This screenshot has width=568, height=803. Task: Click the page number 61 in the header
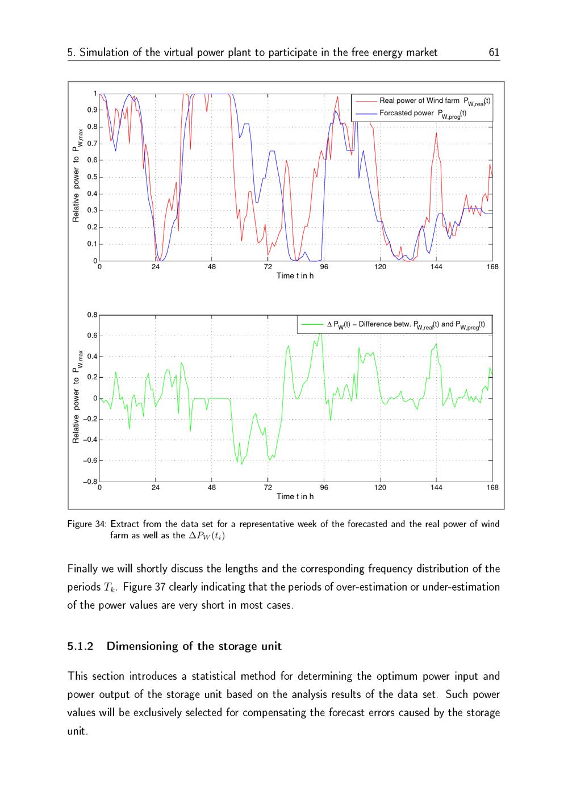494,53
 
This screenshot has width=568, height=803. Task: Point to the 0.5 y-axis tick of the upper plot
92,177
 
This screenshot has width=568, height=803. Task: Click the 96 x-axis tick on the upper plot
324,267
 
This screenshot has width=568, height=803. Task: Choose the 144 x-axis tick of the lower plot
436,488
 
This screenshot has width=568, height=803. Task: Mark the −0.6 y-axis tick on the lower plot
90,461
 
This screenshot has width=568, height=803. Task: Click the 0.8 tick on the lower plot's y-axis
92,315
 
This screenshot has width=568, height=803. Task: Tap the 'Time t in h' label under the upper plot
295,276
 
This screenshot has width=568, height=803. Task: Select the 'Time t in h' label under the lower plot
295,497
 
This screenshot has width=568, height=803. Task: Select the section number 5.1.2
80,646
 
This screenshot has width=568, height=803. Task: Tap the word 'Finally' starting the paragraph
83,568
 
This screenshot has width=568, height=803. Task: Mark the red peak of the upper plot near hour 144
436,133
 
